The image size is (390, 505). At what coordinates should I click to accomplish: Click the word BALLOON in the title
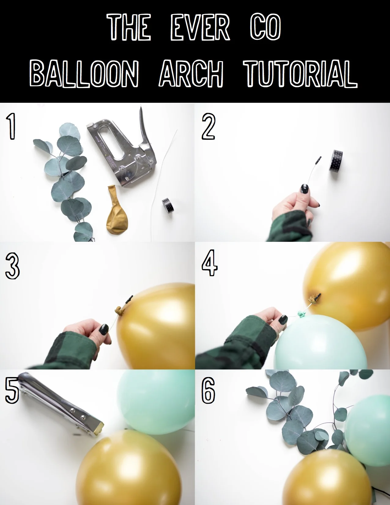click(x=84, y=73)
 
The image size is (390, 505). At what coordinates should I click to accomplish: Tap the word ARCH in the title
click(x=191, y=73)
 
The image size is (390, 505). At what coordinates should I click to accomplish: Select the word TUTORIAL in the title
click(x=300, y=73)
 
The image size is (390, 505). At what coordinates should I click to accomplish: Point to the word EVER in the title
click(x=200, y=28)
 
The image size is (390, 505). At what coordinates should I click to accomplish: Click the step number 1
click(x=11, y=126)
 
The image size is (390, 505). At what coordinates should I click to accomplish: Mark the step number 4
click(x=210, y=263)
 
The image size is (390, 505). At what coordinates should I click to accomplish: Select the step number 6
click(x=209, y=390)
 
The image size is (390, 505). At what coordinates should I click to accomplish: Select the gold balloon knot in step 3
click(x=120, y=311)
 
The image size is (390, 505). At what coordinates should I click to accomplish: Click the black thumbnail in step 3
click(x=104, y=329)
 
